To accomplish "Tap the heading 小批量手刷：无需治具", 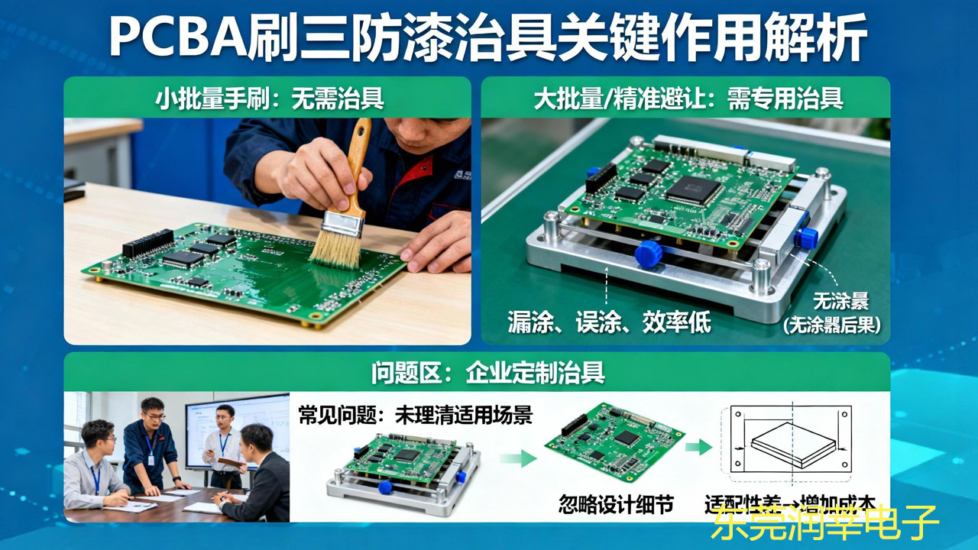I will click(x=269, y=98).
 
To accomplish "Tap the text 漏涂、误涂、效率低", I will click(x=609, y=322).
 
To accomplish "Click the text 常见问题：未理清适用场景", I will click(x=415, y=415).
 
